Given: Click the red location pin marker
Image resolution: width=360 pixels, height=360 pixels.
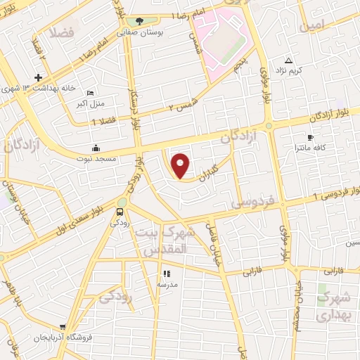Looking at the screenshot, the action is [x=181, y=165].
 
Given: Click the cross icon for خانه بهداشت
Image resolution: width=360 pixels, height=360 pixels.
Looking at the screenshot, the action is [x=38, y=77].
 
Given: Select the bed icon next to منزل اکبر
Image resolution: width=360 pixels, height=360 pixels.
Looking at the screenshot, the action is [x=89, y=94].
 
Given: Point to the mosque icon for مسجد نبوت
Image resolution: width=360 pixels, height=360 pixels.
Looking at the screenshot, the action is [x=96, y=148].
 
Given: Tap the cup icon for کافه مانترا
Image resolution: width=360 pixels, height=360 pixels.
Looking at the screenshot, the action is [x=311, y=137].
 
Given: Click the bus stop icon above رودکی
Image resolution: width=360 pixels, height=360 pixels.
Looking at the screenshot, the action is [x=120, y=211].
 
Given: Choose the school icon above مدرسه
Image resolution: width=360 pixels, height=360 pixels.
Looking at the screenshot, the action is [x=167, y=274].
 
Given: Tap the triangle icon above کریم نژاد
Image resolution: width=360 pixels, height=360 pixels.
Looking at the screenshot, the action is [x=288, y=60].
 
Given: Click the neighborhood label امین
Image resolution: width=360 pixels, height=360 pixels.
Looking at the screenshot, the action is [x=313, y=25].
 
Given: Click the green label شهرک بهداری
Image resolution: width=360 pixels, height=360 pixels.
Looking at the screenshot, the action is [x=333, y=307].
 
